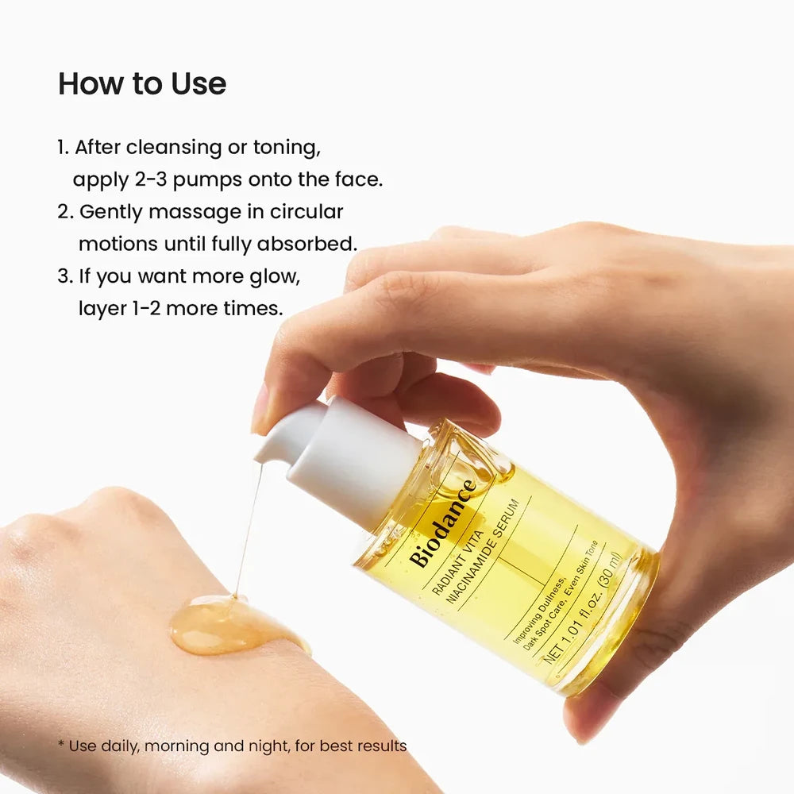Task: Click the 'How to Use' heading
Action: pos(142,84)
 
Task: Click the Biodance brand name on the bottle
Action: pos(443,523)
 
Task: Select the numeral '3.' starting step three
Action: pos(64,276)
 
